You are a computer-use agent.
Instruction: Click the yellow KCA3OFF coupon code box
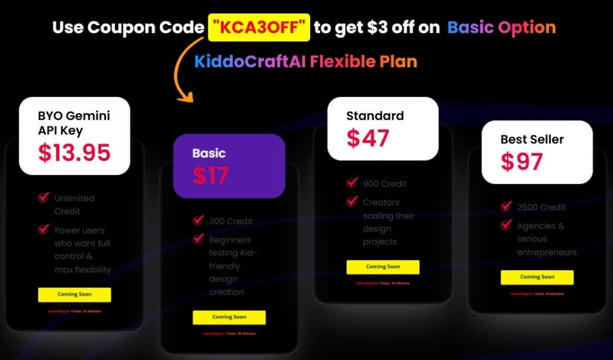(259, 28)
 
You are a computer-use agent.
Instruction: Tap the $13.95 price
(74, 153)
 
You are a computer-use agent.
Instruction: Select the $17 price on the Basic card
(211, 175)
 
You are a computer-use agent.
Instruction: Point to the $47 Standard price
(368, 138)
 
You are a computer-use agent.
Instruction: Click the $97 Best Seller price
(522, 162)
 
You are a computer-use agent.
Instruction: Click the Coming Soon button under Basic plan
(229, 317)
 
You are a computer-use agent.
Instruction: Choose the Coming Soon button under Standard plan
(383, 267)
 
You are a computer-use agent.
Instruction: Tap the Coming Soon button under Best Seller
(537, 277)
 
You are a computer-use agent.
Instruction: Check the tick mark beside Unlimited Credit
(43, 197)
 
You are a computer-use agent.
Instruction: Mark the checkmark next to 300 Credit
(198, 220)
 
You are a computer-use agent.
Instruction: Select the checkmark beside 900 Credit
(352, 183)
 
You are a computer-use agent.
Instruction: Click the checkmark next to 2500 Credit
(506, 207)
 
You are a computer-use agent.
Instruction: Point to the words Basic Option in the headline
(502, 28)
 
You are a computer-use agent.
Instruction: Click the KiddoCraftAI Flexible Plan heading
(305, 62)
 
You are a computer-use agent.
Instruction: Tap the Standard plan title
(375, 116)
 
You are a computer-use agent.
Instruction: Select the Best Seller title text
(532, 140)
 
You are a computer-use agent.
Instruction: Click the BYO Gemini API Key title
(74, 123)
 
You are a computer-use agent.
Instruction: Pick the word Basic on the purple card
(209, 153)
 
